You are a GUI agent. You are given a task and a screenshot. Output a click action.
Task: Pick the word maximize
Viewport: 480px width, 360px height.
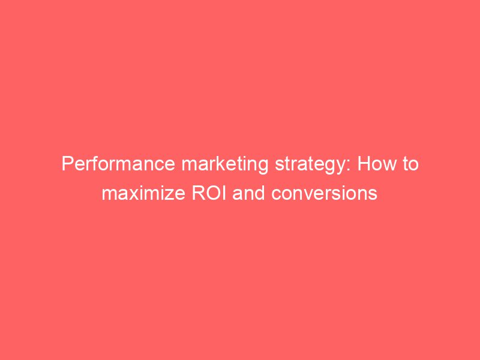pos(140,194)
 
